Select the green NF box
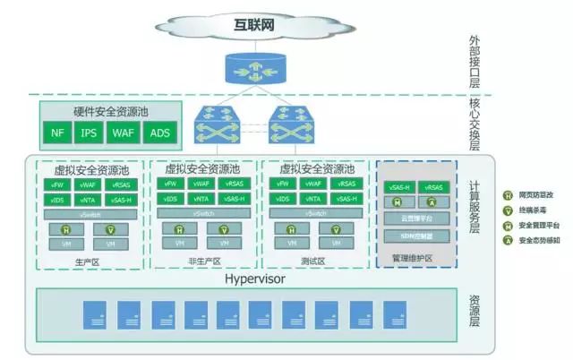58,134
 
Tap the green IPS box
90,134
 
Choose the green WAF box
124,134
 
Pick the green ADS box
158,134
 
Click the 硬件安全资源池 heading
108,113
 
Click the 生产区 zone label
87,261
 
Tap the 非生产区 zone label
204,261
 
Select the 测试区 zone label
314,261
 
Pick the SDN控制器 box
415,236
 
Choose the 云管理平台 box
415,218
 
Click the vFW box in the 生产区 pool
56,184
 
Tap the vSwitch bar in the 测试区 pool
314,213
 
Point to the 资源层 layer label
475,313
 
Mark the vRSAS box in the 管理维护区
433,187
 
